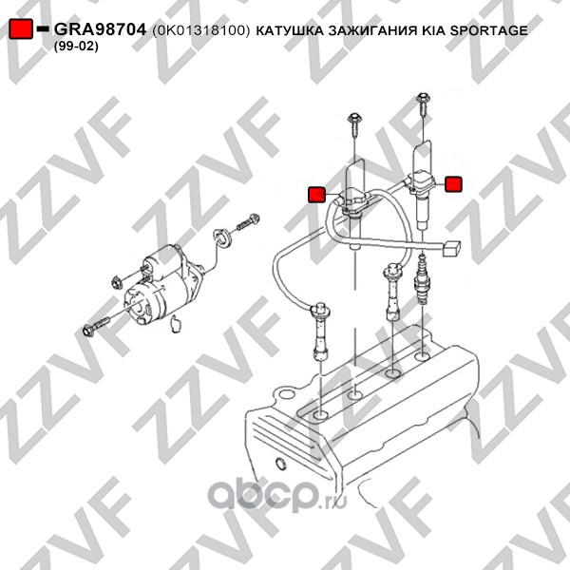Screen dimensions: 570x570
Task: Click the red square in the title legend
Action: [21, 28]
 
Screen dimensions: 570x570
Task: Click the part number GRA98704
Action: [100, 29]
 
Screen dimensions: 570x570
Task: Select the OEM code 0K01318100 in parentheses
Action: [201, 30]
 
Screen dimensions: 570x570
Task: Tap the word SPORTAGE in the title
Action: [488, 30]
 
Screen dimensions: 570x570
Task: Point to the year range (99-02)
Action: [76, 47]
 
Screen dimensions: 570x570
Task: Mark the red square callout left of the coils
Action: [316, 195]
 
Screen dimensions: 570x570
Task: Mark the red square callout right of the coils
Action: [453, 184]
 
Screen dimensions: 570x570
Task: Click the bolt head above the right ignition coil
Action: [424, 98]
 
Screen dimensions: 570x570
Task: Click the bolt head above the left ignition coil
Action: [354, 118]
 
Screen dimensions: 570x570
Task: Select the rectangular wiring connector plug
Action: [451, 249]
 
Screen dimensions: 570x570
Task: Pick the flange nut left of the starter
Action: [117, 282]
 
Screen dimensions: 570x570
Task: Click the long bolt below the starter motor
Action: [96, 326]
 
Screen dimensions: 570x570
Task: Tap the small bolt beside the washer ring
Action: [248, 222]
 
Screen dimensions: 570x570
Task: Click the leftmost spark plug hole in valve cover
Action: [321, 415]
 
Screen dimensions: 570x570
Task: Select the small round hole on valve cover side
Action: [280, 465]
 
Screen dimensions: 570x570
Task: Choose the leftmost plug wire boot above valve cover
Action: [321, 332]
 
